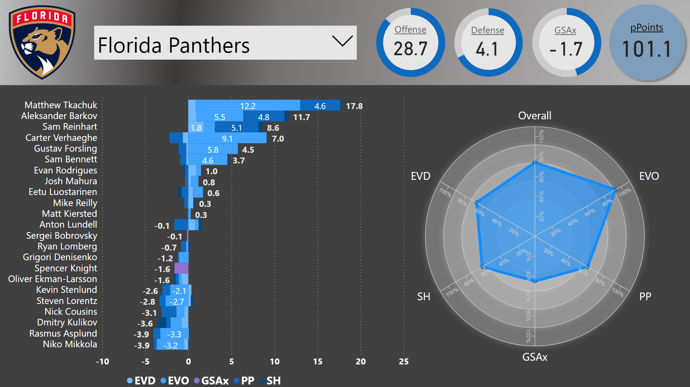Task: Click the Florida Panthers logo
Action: click(42, 42)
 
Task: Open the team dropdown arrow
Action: click(342, 41)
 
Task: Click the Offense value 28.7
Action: click(410, 49)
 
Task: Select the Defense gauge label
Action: click(487, 30)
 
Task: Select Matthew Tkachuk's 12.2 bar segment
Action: click(248, 106)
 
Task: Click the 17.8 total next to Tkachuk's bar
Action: click(354, 106)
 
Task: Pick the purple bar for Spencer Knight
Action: click(181, 268)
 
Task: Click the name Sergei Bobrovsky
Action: click(61, 236)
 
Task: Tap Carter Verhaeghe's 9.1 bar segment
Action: click(227, 138)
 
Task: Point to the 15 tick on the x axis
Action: click(317, 361)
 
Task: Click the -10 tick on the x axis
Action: click(103, 361)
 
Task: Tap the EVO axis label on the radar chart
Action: click(649, 176)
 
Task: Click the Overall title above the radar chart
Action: click(535, 116)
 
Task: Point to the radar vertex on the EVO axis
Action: click(616, 189)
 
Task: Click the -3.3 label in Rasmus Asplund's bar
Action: click(174, 334)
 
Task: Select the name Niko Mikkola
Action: click(70, 344)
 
